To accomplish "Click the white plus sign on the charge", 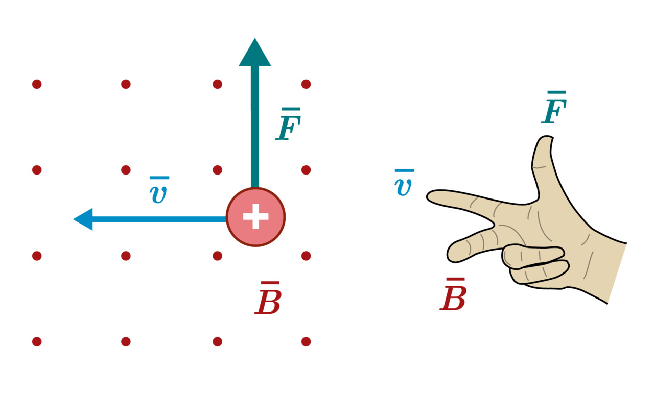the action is [x=256, y=216].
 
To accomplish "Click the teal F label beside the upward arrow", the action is [x=288, y=124].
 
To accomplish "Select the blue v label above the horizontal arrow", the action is [x=158, y=189].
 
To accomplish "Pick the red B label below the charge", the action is [x=268, y=297].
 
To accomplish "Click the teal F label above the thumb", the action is [x=554, y=107].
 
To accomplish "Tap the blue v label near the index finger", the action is [x=404, y=182].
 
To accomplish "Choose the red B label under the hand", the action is [x=453, y=294].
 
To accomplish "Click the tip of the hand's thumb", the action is [x=545, y=138].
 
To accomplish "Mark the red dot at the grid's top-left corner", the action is [x=37, y=84].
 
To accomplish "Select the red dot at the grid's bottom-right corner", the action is [x=306, y=341].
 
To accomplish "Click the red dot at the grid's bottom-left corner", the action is [x=37, y=341].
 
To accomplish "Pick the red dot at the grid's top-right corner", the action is [x=306, y=84].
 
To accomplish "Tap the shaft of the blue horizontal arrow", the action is [x=159, y=219].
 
